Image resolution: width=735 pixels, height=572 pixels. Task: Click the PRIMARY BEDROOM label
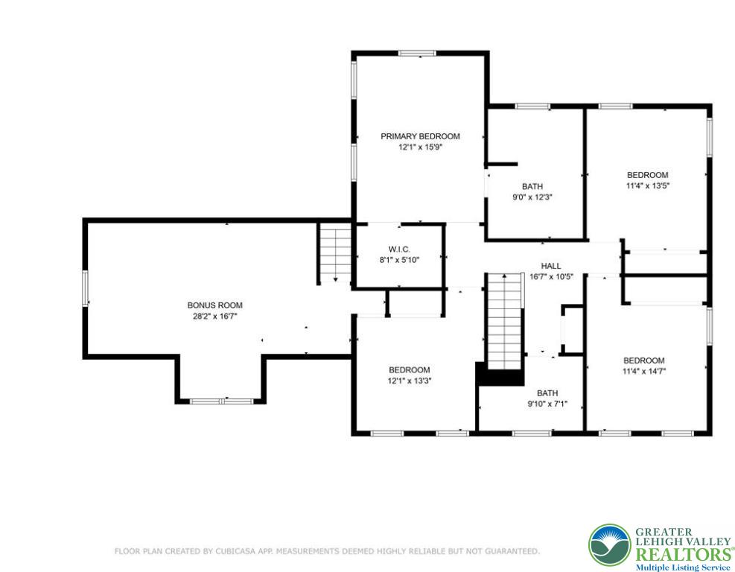click(420, 136)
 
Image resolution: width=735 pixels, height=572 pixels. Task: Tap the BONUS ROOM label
click(214, 305)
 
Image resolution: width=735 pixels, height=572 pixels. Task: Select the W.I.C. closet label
click(399, 249)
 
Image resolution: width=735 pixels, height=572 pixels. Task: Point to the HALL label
click(551, 266)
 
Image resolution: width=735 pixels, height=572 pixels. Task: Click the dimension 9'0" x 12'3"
click(532, 197)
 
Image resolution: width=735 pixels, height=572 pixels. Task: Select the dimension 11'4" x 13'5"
click(647, 186)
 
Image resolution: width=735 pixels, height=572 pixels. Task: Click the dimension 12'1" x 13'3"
click(409, 381)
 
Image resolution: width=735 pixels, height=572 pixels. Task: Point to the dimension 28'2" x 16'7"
click(214, 316)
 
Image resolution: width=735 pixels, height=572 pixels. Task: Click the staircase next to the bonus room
click(335, 253)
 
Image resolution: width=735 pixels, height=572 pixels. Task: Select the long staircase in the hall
click(505, 320)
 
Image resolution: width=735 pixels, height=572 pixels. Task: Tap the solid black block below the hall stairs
click(500, 375)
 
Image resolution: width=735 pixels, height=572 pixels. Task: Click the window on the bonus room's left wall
click(86, 287)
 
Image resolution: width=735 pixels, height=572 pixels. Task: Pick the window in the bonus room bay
click(220, 401)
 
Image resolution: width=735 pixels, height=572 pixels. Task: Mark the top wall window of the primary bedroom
click(417, 53)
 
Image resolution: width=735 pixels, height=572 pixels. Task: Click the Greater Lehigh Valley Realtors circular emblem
click(609, 545)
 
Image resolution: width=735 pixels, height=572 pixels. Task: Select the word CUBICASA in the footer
click(227, 551)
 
